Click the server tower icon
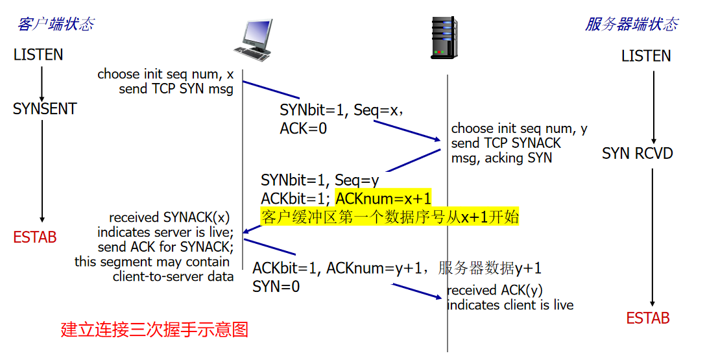pos(444,38)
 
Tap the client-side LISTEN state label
pos(38,55)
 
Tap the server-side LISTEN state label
pos(645,56)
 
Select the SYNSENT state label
pos(45,109)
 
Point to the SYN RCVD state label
pos(638,154)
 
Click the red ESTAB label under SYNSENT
pos(35,237)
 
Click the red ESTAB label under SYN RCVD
pos(648,318)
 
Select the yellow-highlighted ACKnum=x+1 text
pos(383,198)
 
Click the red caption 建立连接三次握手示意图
pos(154,330)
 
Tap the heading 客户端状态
pos(56,25)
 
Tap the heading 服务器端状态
pos(632,25)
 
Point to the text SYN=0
pos(276,286)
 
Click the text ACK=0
pos(303,128)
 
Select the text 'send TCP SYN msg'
pos(176,90)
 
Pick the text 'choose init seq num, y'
pos(519,128)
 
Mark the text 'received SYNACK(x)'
pos(169,217)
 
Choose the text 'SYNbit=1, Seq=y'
pos(320,180)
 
